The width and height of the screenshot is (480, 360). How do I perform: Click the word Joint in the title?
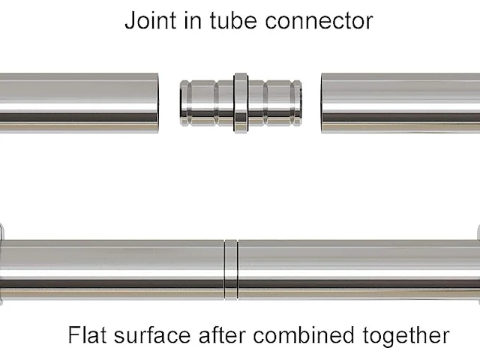150,20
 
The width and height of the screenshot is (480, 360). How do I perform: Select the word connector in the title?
319,21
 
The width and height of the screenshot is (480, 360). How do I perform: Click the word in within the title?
193,20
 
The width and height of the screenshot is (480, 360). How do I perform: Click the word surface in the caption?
152,334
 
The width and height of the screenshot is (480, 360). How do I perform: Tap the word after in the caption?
222,334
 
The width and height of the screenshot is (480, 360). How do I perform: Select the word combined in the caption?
304,334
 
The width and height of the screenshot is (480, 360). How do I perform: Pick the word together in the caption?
406,335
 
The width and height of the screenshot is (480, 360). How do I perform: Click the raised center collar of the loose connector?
241,103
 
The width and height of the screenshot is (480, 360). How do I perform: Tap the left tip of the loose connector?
181,103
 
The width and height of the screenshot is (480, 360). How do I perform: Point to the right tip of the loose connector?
301,103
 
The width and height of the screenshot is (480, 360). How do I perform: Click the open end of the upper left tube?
157,103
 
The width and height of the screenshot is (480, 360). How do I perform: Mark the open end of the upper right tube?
322,103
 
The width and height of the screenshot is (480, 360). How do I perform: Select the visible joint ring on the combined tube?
231,270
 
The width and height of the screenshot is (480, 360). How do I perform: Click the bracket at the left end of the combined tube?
1,264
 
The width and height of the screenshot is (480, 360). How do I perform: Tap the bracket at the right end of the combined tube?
478,264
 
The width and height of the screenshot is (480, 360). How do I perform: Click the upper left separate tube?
79,103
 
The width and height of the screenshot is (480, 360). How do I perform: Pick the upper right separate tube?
400,103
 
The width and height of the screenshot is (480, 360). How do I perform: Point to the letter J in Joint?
130,20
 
